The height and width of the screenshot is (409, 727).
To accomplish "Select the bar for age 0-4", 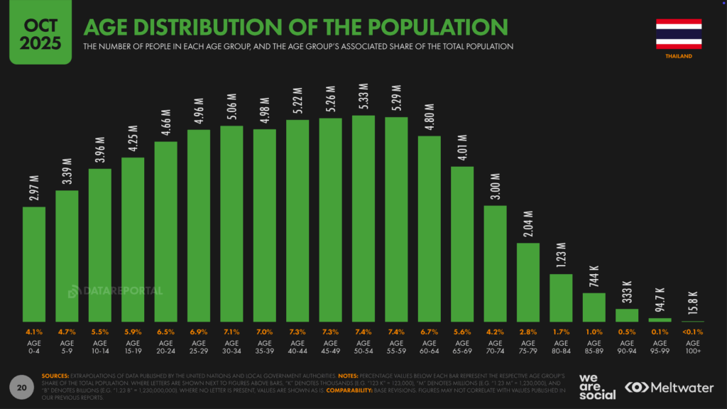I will pos(34,264).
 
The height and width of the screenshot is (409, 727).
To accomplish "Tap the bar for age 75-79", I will pos(528,283).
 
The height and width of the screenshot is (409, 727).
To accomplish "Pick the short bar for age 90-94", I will pos(627,315).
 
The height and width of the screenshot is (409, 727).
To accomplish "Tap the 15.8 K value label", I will pos(693,302).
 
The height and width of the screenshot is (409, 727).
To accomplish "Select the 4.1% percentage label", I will pos(34,332).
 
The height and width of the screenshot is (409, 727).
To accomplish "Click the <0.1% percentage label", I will pos(692,332).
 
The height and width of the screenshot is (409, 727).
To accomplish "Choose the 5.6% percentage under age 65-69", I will pos(462,332).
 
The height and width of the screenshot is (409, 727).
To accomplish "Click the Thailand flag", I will pos(679,33).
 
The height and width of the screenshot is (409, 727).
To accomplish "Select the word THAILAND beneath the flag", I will pos(679,56).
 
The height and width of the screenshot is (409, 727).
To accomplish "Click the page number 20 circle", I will pos(22,388).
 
